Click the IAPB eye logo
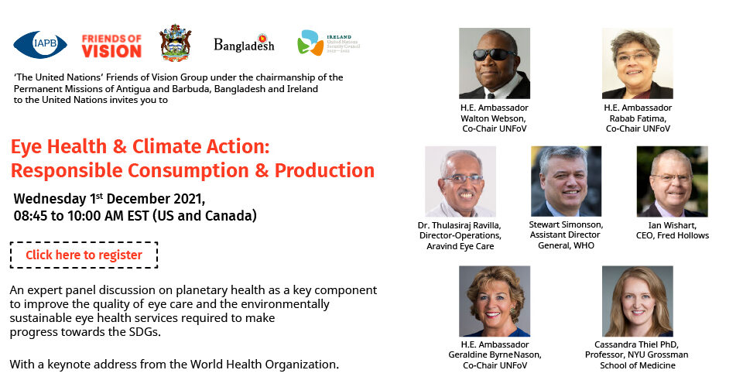40,45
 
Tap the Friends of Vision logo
111,46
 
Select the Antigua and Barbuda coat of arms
176,43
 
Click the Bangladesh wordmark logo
244,43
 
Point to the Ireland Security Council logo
329,43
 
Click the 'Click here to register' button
84,255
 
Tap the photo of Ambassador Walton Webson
495,63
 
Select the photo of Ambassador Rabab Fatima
637,63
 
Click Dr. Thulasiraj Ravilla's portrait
460,181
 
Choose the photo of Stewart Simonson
566,181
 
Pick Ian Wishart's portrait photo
672,181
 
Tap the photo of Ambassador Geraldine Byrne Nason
495,301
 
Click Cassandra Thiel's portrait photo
637,301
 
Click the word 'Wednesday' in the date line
50,199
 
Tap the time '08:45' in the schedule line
30,216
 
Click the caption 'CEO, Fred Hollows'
673,235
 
